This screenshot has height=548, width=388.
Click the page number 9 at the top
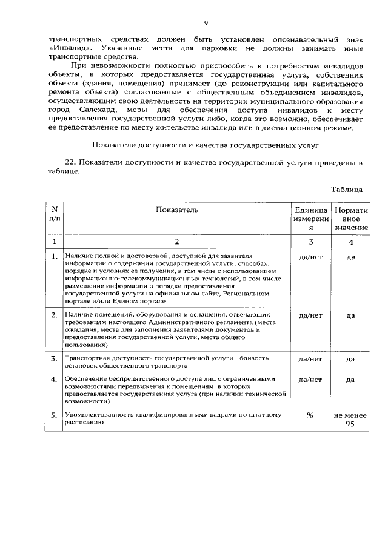click(x=206, y=23)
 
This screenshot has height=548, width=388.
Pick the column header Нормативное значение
click(x=351, y=219)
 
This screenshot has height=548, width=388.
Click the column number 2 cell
click(x=176, y=242)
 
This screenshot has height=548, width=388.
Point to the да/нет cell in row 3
click(x=310, y=358)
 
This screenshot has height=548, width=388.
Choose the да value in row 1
click(x=351, y=257)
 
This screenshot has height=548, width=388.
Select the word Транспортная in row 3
click(x=87, y=358)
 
